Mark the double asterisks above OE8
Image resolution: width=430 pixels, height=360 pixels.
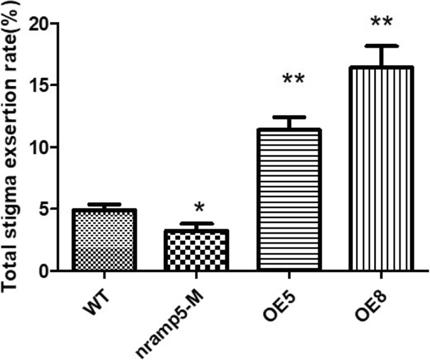[x=382, y=23]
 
